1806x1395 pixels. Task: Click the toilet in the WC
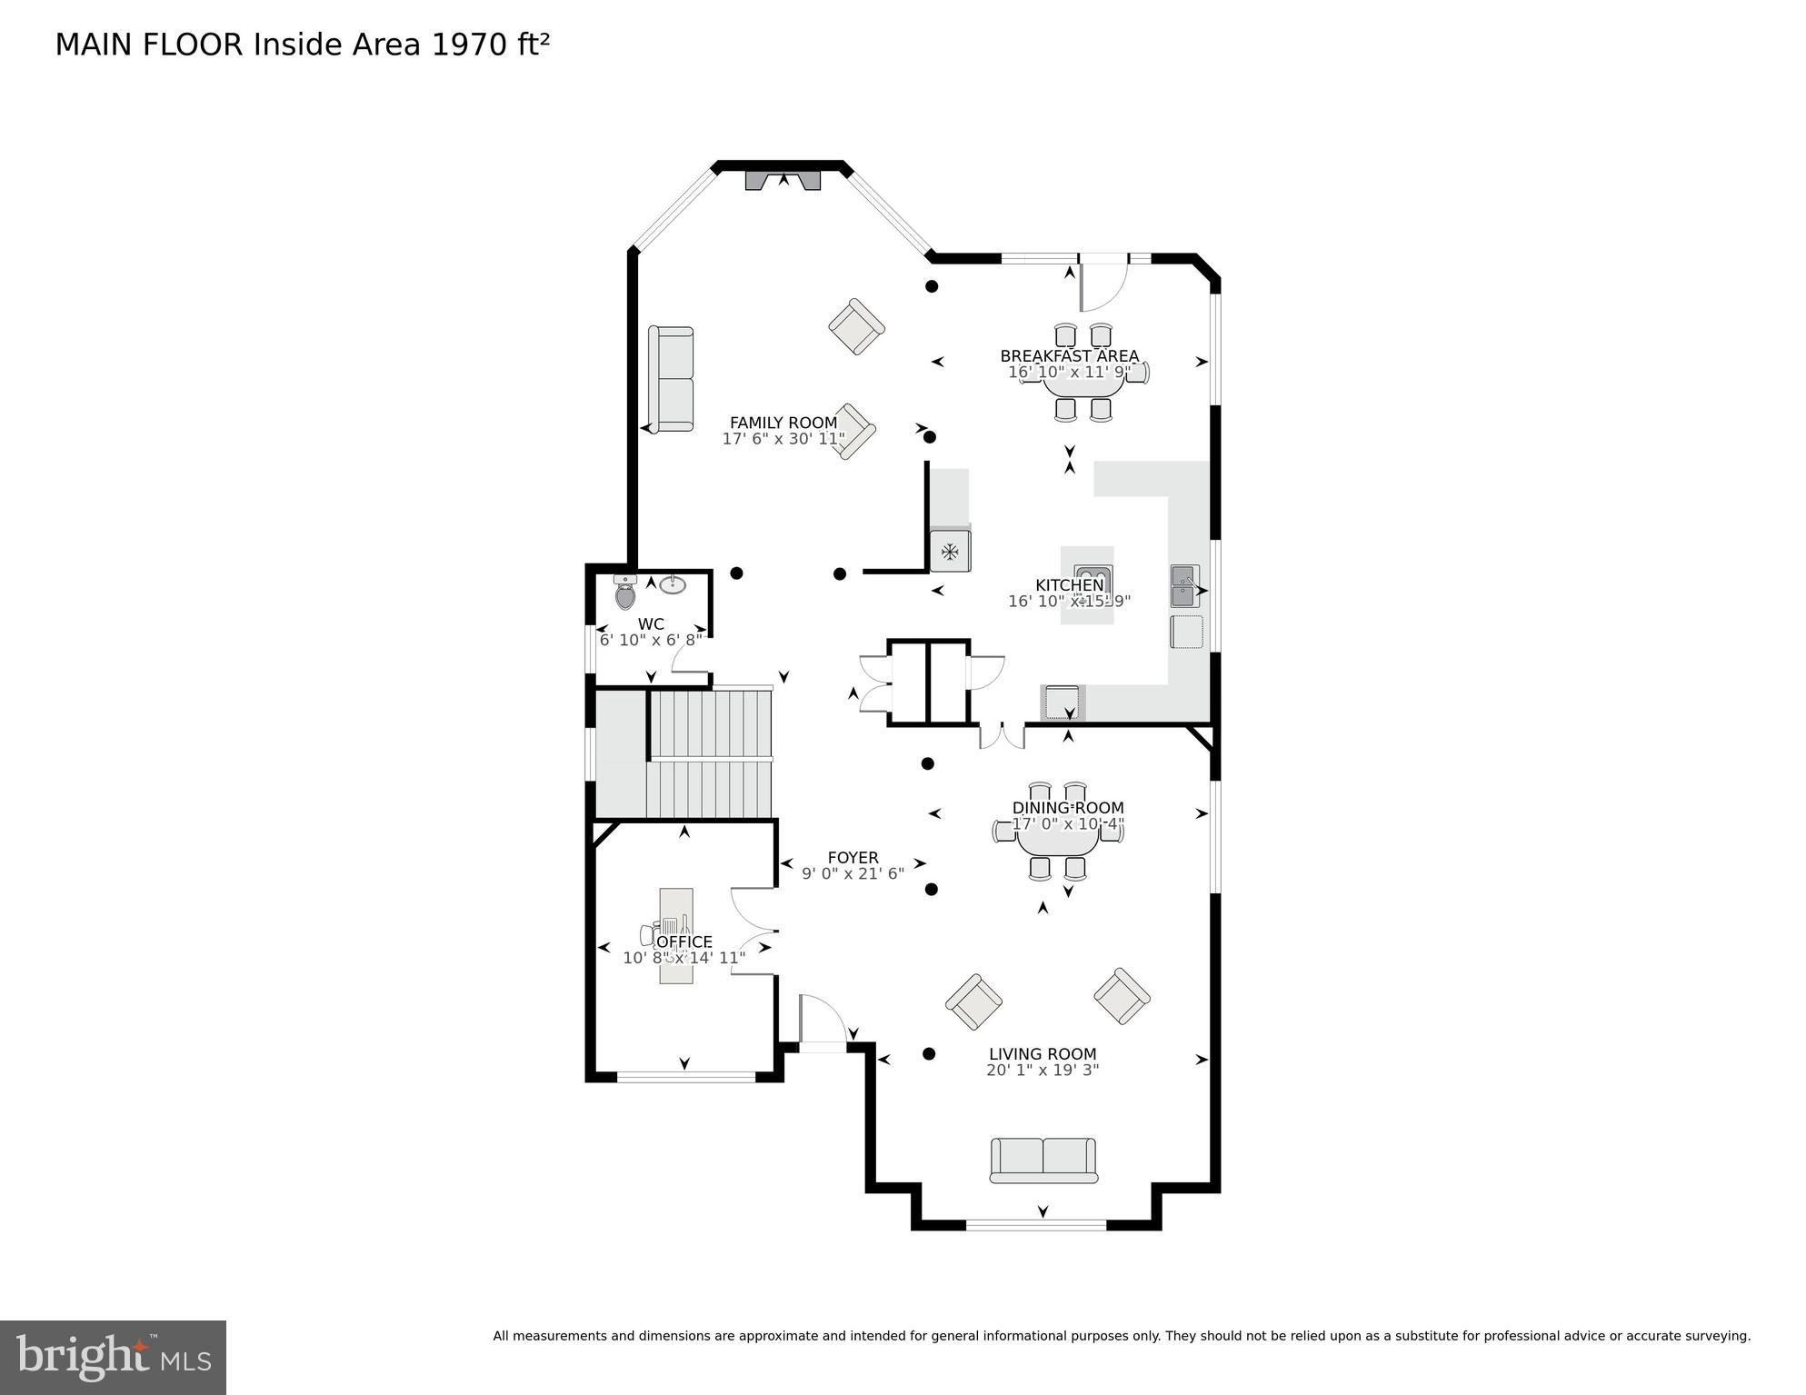625,593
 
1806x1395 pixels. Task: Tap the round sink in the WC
673,584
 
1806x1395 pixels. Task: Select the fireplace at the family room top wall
783,180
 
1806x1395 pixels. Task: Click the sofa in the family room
671,379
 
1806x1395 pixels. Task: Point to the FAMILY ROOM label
783,423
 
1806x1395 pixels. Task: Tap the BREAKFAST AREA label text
1069,355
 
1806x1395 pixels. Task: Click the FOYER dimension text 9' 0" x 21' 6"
853,873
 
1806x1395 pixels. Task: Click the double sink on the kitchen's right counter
1184,586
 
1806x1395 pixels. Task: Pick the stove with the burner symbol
950,551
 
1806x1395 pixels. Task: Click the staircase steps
711,754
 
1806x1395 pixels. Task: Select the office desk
675,935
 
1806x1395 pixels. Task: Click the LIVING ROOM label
1043,1054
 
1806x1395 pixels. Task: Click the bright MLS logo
113,1357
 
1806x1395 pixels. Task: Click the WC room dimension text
651,640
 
